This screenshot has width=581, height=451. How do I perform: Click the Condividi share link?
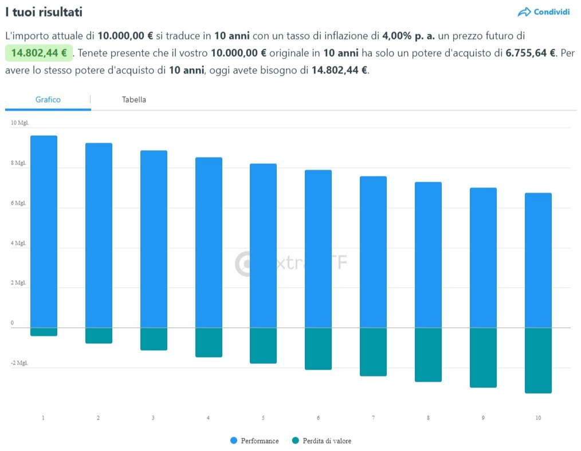tap(544, 12)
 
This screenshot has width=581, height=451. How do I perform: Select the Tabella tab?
tap(134, 100)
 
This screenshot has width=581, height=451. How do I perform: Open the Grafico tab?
tap(48, 100)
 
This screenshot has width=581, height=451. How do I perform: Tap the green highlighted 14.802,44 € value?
tap(39, 53)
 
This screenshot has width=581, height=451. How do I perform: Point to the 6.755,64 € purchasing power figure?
tap(531, 53)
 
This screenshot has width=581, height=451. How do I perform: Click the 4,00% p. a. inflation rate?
tap(409, 36)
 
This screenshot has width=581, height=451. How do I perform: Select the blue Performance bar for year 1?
tap(44, 232)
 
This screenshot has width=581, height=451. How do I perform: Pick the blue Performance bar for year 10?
tap(538, 260)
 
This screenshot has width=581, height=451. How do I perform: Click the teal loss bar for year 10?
tap(538, 360)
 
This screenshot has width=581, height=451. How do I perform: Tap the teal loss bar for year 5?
tap(263, 346)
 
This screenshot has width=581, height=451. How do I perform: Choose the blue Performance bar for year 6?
tap(318, 249)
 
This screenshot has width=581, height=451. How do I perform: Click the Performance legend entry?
tap(254, 441)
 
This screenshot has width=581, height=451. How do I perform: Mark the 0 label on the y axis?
tap(12, 323)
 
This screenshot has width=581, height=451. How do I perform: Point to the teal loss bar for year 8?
tap(428, 355)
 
